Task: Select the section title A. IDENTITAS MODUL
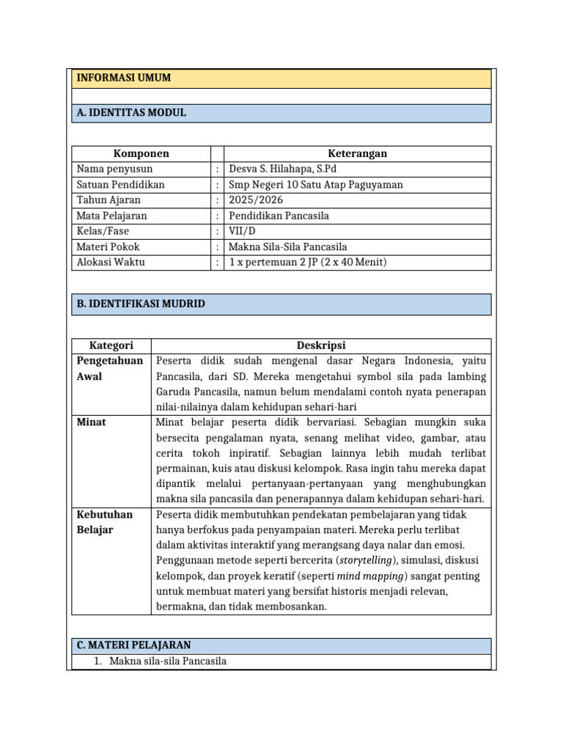(131, 112)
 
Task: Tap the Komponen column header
(141, 153)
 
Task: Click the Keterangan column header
(357, 153)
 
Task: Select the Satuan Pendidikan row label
(120, 184)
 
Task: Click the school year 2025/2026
(256, 199)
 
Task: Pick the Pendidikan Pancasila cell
(279, 216)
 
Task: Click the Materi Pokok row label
(108, 246)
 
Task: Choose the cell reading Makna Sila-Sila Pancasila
(288, 246)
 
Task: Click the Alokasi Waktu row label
(111, 262)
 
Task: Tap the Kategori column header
(111, 345)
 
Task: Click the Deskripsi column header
(321, 345)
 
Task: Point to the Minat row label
(91, 422)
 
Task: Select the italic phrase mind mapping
(370, 576)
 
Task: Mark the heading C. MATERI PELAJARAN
(133, 645)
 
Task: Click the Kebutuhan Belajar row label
(105, 521)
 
